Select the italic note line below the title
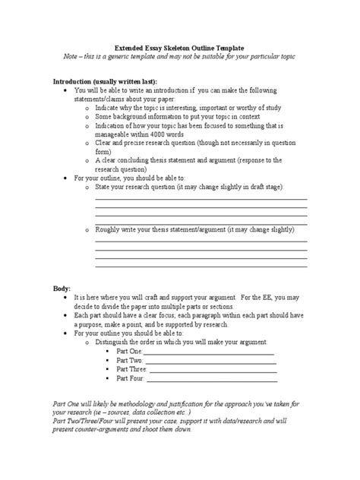click(179, 57)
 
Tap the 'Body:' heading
click(62, 289)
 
